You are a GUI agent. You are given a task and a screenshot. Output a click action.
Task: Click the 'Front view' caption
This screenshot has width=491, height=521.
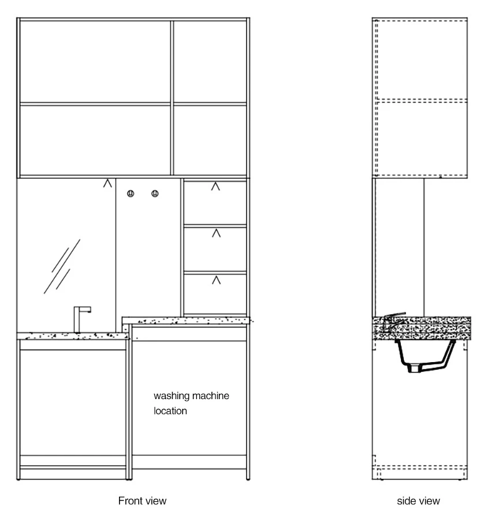[142, 500]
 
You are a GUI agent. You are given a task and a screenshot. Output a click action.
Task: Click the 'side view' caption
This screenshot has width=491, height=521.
[418, 500]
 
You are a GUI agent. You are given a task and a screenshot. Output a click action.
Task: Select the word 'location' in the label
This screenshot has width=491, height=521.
[170, 411]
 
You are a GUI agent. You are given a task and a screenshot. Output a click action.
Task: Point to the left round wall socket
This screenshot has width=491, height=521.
[131, 193]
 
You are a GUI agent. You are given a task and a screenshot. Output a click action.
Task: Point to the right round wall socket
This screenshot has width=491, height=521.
[155, 193]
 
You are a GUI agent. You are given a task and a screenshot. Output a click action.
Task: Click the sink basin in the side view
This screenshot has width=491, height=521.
[426, 356]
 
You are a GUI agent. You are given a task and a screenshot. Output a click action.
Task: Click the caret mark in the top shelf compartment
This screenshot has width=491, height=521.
[215, 187]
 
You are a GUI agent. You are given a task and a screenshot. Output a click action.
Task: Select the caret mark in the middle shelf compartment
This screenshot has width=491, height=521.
[216, 233]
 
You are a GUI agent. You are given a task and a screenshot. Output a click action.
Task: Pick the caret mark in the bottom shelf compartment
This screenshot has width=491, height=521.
[216, 280]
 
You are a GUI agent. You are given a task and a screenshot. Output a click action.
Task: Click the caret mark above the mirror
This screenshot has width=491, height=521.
[107, 183]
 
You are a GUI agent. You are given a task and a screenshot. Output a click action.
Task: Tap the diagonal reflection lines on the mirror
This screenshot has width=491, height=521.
[62, 266]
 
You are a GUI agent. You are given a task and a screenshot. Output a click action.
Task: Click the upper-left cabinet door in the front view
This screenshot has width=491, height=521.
[95, 62]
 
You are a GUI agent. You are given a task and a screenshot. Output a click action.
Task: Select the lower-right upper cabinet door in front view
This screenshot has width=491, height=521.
[210, 140]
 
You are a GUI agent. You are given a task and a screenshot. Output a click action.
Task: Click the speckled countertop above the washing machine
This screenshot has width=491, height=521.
[185, 321]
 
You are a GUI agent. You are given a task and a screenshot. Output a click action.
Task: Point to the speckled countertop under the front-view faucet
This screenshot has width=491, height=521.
[73, 336]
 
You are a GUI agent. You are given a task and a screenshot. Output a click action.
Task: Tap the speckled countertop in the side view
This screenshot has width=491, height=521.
[421, 328]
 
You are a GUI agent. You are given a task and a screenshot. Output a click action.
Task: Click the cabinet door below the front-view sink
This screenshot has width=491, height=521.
[73, 403]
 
